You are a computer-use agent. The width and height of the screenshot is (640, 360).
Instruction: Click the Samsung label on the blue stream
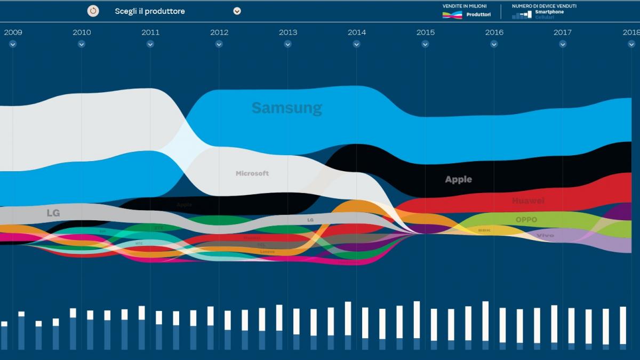[286, 108]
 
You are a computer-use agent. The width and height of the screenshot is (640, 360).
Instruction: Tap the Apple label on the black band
[458, 180]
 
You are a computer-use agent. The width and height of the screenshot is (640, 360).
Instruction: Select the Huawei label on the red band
[528, 201]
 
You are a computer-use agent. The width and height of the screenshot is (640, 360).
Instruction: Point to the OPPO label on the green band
[526, 220]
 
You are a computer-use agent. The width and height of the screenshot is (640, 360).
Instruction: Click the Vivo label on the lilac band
[545, 235]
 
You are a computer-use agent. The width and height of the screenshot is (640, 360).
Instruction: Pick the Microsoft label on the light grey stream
[252, 173]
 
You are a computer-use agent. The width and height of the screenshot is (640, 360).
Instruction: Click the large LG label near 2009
[53, 213]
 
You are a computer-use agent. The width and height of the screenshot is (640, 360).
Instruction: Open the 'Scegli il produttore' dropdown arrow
[237, 11]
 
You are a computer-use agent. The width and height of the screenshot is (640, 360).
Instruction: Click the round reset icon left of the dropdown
[93, 11]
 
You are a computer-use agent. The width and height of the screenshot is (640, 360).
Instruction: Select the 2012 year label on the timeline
[219, 33]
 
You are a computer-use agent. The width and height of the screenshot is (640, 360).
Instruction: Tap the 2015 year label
[425, 33]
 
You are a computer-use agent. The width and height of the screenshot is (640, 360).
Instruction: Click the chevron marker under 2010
[82, 44]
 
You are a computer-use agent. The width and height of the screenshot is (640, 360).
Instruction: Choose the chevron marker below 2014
[357, 44]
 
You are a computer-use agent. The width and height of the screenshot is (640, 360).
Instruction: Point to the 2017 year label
[563, 33]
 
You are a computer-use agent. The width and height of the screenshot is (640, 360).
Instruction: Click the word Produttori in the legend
[478, 15]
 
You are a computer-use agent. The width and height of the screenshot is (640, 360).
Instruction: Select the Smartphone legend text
[549, 12]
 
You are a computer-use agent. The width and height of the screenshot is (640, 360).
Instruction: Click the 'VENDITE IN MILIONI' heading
[464, 6]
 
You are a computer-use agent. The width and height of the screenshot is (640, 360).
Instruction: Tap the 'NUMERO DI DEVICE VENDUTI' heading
[544, 6]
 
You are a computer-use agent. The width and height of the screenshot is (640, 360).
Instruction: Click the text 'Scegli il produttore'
[150, 11]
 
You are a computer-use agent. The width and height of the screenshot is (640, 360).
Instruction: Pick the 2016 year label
[494, 33]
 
